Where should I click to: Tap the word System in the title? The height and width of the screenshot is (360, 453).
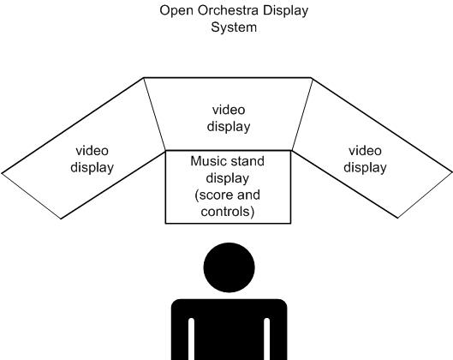[x=234, y=27]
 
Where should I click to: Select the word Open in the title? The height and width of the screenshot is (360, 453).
[x=176, y=11]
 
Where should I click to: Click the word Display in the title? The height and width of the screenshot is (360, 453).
[x=285, y=11]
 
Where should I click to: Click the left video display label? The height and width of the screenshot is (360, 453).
[x=92, y=159]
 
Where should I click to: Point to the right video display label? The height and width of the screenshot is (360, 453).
[x=365, y=159]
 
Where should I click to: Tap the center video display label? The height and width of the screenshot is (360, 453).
[x=229, y=118]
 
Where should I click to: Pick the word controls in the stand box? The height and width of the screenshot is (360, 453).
[x=228, y=212]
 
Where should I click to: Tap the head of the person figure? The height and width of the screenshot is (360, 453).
[x=229, y=267]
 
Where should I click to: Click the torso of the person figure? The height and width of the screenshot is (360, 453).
[x=229, y=330]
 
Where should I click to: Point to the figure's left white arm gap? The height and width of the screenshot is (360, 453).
[x=191, y=339]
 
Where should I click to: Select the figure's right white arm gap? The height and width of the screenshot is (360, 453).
[x=267, y=339]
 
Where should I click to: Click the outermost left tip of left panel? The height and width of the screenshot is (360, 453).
[x=2, y=173]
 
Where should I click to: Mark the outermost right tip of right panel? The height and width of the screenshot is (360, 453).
[x=452, y=172]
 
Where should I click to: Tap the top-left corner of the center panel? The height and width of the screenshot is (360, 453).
[x=144, y=77]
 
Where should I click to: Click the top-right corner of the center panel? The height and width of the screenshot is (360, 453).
[x=311, y=77]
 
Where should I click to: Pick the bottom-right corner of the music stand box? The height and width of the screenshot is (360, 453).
[x=290, y=223]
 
